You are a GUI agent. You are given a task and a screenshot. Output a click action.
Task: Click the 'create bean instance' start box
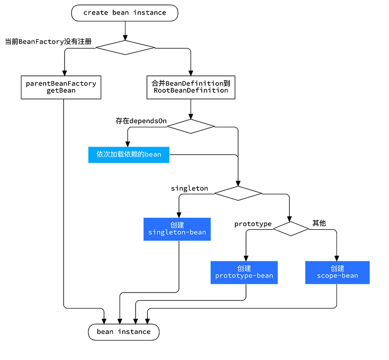pyautogui.click(x=124, y=13)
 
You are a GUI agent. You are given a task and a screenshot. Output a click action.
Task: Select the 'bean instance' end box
pyautogui.click(x=124, y=332)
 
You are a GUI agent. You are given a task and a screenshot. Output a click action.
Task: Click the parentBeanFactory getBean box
pyautogui.click(x=61, y=87)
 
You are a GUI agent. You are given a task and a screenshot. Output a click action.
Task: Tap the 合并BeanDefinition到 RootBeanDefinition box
pyautogui.click(x=191, y=87)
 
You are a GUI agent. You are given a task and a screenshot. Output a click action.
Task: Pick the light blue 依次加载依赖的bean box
pyautogui.click(x=128, y=154)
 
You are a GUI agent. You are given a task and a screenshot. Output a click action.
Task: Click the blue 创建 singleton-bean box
pyautogui.click(x=177, y=229)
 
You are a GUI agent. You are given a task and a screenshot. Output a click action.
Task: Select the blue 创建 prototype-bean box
pyautogui.click(x=244, y=272)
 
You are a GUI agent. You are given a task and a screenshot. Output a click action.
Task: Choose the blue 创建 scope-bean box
pyautogui.click(x=337, y=272)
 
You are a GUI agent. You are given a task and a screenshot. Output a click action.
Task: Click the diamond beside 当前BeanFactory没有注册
pyautogui.click(x=125, y=48)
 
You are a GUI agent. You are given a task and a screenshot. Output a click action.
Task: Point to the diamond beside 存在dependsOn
pyautogui.click(x=191, y=126)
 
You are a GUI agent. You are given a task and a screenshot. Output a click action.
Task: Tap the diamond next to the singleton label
pyautogui.click(x=238, y=193)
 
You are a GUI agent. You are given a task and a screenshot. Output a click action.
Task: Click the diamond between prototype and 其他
pyautogui.click(x=291, y=229)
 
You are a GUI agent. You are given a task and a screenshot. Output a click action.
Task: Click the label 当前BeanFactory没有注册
pyautogui.click(x=48, y=42)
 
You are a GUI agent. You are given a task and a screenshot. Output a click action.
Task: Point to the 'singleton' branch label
pyautogui.click(x=189, y=188)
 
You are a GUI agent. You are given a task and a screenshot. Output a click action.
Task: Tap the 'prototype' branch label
pyautogui.click(x=253, y=224)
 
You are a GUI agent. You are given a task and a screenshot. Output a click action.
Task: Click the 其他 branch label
pyautogui.click(x=319, y=223)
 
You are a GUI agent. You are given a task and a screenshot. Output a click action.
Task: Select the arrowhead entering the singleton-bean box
pyautogui.click(x=179, y=214)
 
